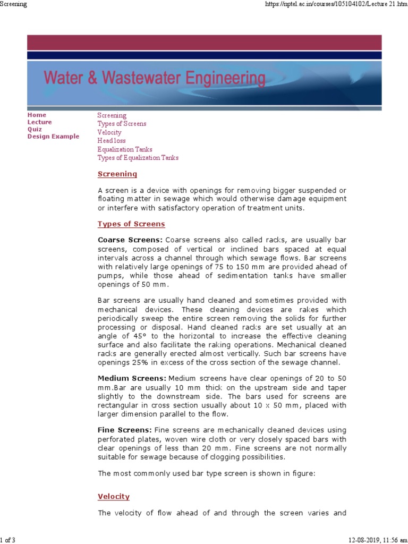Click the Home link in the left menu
click(x=37, y=115)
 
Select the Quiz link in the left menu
click(x=35, y=129)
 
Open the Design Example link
click(x=53, y=137)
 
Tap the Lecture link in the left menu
click(x=39, y=122)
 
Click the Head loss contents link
click(x=111, y=141)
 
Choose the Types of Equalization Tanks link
click(x=138, y=158)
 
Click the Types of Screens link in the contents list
click(x=122, y=124)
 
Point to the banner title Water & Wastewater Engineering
click(x=154, y=79)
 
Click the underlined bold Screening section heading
click(x=117, y=174)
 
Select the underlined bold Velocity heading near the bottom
click(x=114, y=497)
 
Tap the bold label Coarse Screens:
click(x=130, y=240)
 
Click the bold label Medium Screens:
click(x=132, y=378)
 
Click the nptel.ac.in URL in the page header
click(x=335, y=4)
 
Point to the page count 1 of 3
click(x=8, y=540)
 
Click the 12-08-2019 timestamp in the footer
click(x=369, y=540)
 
